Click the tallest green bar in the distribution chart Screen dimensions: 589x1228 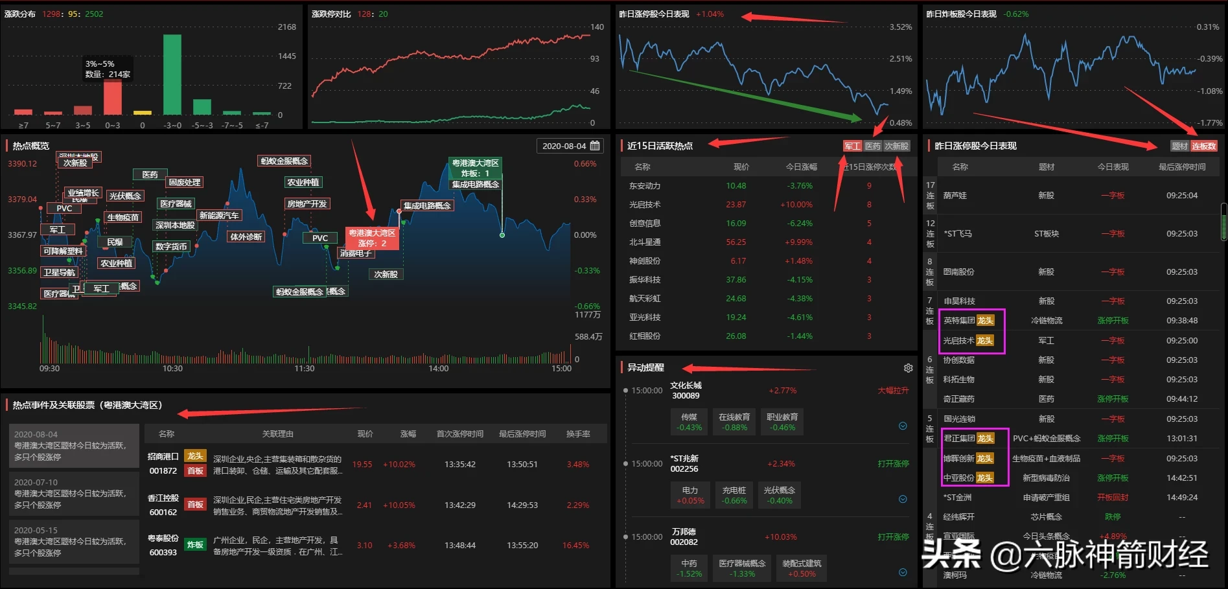point(172,75)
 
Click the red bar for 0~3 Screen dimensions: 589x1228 point(113,97)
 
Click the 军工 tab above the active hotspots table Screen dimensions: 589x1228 point(852,146)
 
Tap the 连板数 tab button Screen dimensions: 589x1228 point(1204,146)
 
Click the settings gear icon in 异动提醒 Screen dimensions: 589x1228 point(908,368)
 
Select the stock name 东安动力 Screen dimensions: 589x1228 point(645,186)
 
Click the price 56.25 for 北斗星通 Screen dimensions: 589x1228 point(736,242)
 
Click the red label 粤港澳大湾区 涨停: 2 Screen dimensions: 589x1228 point(372,238)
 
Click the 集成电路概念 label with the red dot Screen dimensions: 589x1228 point(427,206)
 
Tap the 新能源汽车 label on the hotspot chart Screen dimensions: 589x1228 point(219,216)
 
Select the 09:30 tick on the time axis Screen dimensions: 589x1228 point(49,369)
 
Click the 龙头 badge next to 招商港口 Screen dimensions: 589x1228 point(195,456)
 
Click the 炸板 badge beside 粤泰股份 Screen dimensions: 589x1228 point(195,545)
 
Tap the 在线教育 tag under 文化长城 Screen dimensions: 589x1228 point(734,422)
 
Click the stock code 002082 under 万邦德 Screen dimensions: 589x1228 point(684,542)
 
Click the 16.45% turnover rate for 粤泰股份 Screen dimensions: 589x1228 point(575,546)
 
